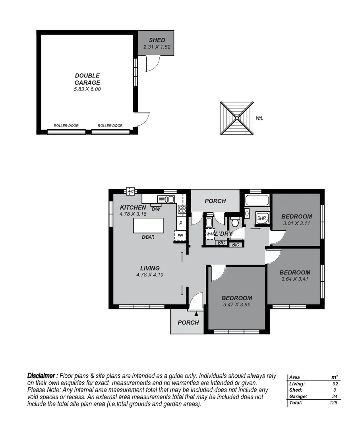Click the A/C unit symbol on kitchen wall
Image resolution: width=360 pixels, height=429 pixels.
[130, 191]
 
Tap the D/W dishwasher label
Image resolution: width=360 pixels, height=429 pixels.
[156, 209]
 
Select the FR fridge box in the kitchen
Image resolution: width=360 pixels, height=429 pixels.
[180, 236]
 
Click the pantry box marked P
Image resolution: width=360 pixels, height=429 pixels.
[181, 223]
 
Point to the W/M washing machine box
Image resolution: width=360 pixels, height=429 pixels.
[210, 234]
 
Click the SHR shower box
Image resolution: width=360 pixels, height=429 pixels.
[261, 218]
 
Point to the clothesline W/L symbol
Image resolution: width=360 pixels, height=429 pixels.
[237, 118]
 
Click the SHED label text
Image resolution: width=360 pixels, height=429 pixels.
[157, 40]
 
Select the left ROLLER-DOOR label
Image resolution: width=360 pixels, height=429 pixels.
[66, 126]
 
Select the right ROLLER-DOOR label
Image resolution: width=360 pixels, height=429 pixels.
[110, 126]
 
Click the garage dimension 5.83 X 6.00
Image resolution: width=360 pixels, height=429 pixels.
[87, 89]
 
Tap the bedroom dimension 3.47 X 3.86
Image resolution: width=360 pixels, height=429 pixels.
[236, 305]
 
